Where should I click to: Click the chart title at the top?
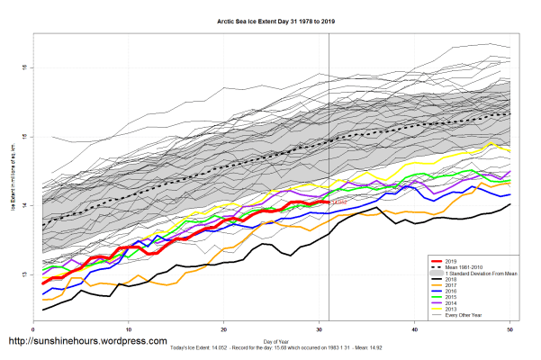coord(270,19)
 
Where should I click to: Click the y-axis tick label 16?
coord(24,67)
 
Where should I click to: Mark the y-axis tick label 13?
coord(24,274)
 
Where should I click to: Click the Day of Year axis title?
coord(276,340)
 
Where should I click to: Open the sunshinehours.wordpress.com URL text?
coord(87,342)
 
